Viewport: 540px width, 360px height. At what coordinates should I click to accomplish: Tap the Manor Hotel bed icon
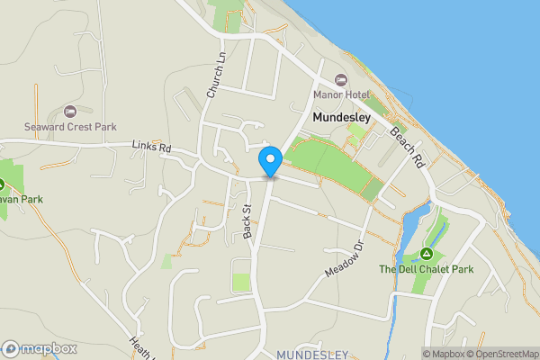340,80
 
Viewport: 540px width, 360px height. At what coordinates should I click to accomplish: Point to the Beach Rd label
407,147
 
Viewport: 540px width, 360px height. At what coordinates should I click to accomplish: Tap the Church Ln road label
214,79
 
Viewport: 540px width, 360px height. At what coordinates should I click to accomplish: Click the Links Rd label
150,146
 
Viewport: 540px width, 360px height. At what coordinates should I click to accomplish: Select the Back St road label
247,220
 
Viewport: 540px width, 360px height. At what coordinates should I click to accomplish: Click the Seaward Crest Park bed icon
70,111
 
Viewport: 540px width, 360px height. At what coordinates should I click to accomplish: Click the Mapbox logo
39,348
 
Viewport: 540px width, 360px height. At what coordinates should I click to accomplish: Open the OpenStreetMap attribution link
502,354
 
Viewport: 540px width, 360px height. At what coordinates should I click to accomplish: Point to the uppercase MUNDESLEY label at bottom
312,355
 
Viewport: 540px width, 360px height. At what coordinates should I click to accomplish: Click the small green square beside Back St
241,282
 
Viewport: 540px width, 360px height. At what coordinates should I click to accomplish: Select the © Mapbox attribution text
443,354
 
